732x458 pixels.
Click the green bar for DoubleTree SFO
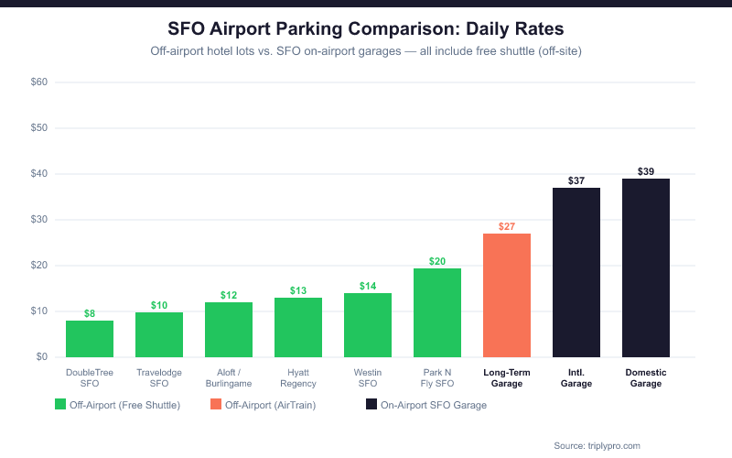tap(90, 339)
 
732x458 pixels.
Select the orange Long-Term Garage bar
tap(507, 295)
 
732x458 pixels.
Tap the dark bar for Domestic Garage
tap(646, 267)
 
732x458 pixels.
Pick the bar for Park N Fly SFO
tap(437, 312)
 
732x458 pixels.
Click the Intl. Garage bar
tap(576, 272)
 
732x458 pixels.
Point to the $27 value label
tap(507, 226)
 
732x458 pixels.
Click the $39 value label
tap(646, 171)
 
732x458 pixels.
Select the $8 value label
tap(90, 313)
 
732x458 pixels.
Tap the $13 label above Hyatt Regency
tap(298, 290)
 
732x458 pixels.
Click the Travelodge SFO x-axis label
tap(159, 377)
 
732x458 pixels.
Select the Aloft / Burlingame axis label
tap(229, 377)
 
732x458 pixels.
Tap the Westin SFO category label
tap(368, 377)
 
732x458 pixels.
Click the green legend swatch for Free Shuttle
tap(60, 404)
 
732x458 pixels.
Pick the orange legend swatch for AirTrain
tap(216, 404)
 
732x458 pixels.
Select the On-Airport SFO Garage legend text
tap(434, 404)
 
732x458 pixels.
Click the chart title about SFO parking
tap(366, 29)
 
